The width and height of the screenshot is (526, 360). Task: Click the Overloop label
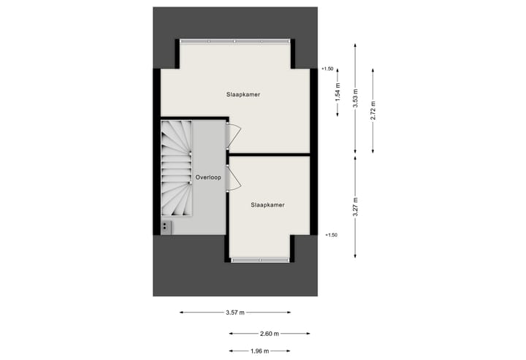tap(208, 177)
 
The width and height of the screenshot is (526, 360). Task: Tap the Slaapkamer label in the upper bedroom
tap(243, 95)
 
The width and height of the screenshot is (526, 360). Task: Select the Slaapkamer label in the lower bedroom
tap(267, 205)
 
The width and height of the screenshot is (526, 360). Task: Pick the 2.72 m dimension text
tap(373, 110)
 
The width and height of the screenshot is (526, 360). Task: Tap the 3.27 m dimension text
tap(355, 206)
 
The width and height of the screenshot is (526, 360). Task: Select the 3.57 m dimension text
tap(235, 313)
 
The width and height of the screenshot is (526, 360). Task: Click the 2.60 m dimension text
tap(270, 333)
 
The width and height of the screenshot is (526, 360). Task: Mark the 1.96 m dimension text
tap(259, 351)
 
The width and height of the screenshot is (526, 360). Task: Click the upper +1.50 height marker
tap(327, 69)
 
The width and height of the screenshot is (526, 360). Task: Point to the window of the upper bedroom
tap(235, 41)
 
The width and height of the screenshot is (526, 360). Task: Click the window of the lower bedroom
tap(259, 259)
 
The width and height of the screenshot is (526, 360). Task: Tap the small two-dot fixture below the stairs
tap(166, 226)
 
